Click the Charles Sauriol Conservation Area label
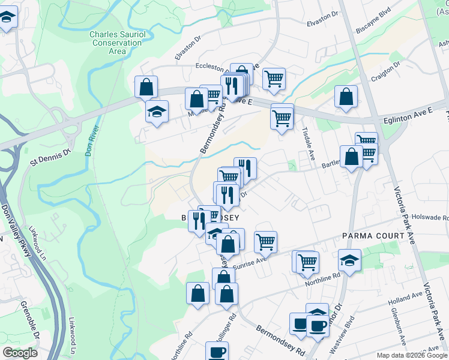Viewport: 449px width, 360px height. tap(117, 43)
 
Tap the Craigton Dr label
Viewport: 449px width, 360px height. tap(386, 71)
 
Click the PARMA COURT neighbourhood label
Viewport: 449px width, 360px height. tap(373, 236)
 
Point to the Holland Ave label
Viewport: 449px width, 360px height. tap(405, 298)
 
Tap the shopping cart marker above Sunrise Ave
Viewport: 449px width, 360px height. tap(265, 242)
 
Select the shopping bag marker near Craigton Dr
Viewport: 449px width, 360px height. tap(346, 97)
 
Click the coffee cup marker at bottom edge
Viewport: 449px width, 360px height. tap(217, 352)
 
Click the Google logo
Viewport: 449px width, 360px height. tap(20, 353)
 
